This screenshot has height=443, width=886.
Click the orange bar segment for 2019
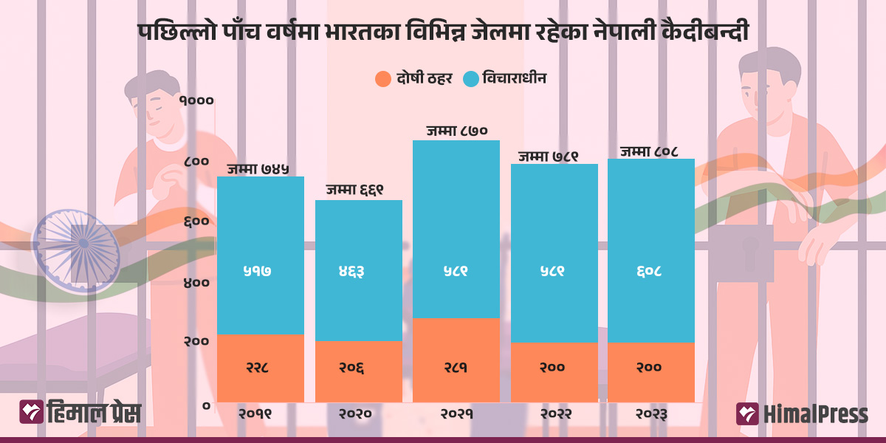click(x=260, y=368)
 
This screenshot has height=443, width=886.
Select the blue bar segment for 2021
click(x=456, y=229)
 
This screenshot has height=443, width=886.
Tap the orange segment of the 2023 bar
click(x=650, y=372)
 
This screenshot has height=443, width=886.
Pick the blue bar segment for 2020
click(x=358, y=270)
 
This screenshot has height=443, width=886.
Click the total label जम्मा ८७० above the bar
click(x=456, y=131)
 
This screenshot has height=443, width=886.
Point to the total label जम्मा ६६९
click(x=358, y=190)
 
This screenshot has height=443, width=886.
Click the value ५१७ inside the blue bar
click(x=260, y=271)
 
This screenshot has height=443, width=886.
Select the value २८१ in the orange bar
click(x=456, y=367)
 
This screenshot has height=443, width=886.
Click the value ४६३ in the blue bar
click(x=358, y=271)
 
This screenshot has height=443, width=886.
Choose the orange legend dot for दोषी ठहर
click(x=382, y=78)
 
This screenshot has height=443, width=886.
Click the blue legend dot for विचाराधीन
click(x=470, y=78)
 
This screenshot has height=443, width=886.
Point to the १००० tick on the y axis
click(x=196, y=100)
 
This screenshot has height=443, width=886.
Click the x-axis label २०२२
click(x=554, y=414)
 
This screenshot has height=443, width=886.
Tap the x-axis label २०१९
click(x=260, y=414)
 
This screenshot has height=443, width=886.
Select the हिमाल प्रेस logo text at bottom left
click(x=93, y=413)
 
